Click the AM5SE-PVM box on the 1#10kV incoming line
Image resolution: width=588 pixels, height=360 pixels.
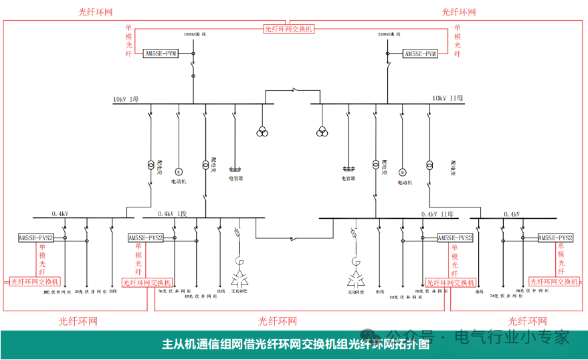[161, 54]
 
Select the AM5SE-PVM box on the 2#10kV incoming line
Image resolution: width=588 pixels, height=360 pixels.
[420, 54]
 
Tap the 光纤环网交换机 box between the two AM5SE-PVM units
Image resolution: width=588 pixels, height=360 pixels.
[288, 29]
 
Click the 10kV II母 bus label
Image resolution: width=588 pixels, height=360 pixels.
[448, 98]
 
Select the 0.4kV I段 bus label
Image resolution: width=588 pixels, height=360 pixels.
[172, 214]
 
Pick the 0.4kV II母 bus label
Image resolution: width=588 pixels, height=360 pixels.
[437, 214]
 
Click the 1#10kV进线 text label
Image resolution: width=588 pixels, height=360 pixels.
[195, 33]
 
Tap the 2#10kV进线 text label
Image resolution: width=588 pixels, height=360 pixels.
[389, 33]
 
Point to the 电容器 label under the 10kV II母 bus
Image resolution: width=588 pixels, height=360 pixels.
[349, 179]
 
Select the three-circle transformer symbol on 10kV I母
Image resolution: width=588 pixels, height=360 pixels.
[262, 131]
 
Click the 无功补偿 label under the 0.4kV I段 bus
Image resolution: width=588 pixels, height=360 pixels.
[239, 291]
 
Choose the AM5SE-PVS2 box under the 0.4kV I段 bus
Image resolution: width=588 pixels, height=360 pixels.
[146, 238]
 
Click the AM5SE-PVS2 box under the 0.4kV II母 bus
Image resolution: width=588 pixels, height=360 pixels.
[455, 238]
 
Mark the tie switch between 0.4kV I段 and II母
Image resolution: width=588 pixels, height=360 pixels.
[292, 238]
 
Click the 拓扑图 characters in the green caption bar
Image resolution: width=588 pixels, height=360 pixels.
[411, 345]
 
